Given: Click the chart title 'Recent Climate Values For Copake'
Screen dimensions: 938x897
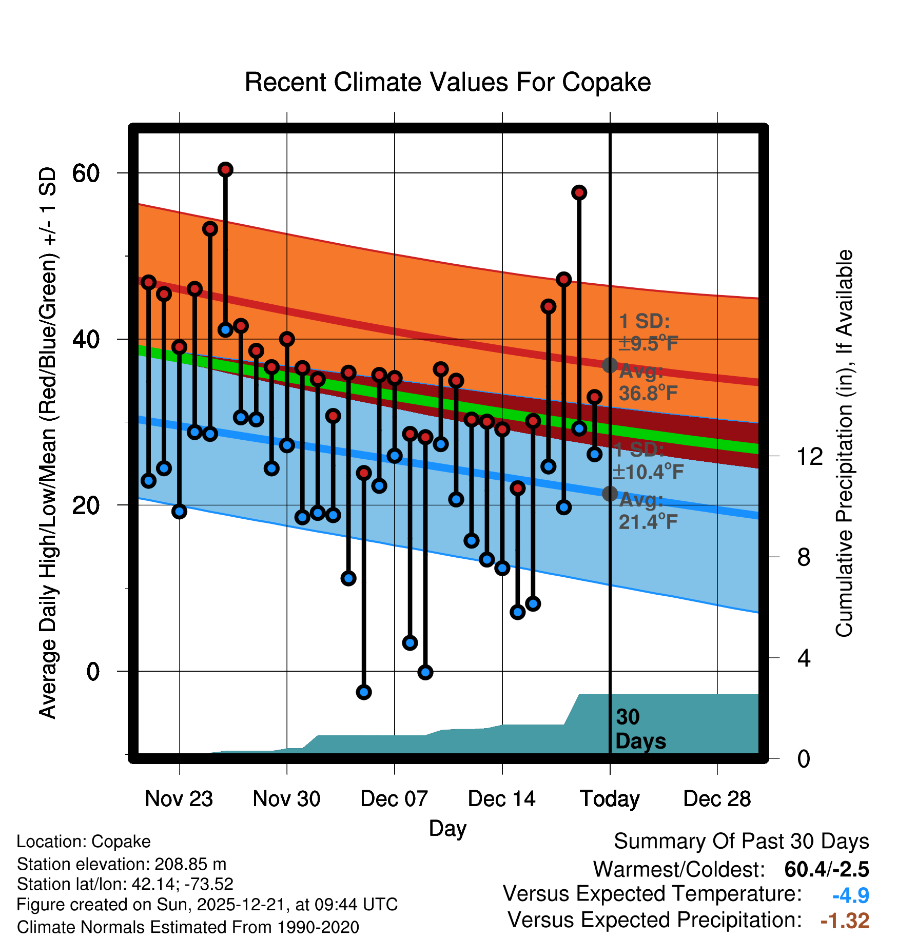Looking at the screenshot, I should [447, 82].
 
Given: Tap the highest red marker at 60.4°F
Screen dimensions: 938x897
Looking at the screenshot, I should [225, 169].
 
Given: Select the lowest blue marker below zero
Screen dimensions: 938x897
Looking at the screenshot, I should [364, 692].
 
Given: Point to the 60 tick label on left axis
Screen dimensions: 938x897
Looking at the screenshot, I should [86, 173].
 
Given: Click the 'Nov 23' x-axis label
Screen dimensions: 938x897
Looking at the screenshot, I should [179, 798].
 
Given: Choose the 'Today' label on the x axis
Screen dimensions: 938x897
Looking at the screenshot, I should [610, 798].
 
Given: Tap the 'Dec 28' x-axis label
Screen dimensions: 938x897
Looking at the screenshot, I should [717, 798].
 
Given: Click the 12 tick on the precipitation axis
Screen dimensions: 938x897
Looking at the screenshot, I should [809, 456].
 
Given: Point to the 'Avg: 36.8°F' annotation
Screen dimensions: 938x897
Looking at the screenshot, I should [648, 382].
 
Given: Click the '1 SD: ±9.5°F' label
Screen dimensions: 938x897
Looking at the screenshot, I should [648, 333].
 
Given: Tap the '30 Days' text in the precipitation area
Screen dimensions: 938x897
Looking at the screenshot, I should [640, 729].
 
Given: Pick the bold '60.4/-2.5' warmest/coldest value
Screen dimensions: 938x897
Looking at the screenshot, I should [827, 869].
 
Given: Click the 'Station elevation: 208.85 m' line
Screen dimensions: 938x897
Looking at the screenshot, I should [122, 864].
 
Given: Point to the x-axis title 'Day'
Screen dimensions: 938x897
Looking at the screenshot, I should [447, 828].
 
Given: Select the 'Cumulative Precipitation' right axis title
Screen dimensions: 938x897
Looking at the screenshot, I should [844, 443].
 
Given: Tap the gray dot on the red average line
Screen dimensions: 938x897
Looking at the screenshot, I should [610, 365].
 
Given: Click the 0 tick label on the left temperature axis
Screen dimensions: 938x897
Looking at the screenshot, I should [93, 672].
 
